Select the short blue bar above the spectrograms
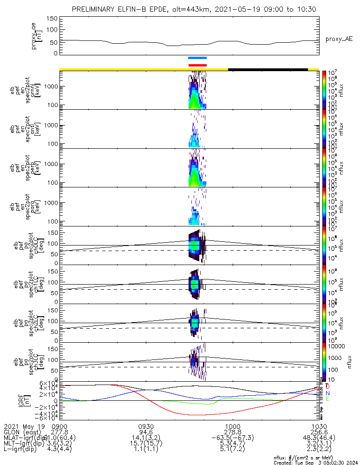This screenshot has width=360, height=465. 197,58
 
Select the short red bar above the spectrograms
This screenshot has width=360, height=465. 197,65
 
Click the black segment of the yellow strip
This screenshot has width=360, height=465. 268,70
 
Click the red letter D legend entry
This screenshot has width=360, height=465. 327,386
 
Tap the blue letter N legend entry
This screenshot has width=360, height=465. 327,393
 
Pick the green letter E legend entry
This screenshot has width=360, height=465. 327,399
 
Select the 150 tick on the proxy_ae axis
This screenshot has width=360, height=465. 52,18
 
